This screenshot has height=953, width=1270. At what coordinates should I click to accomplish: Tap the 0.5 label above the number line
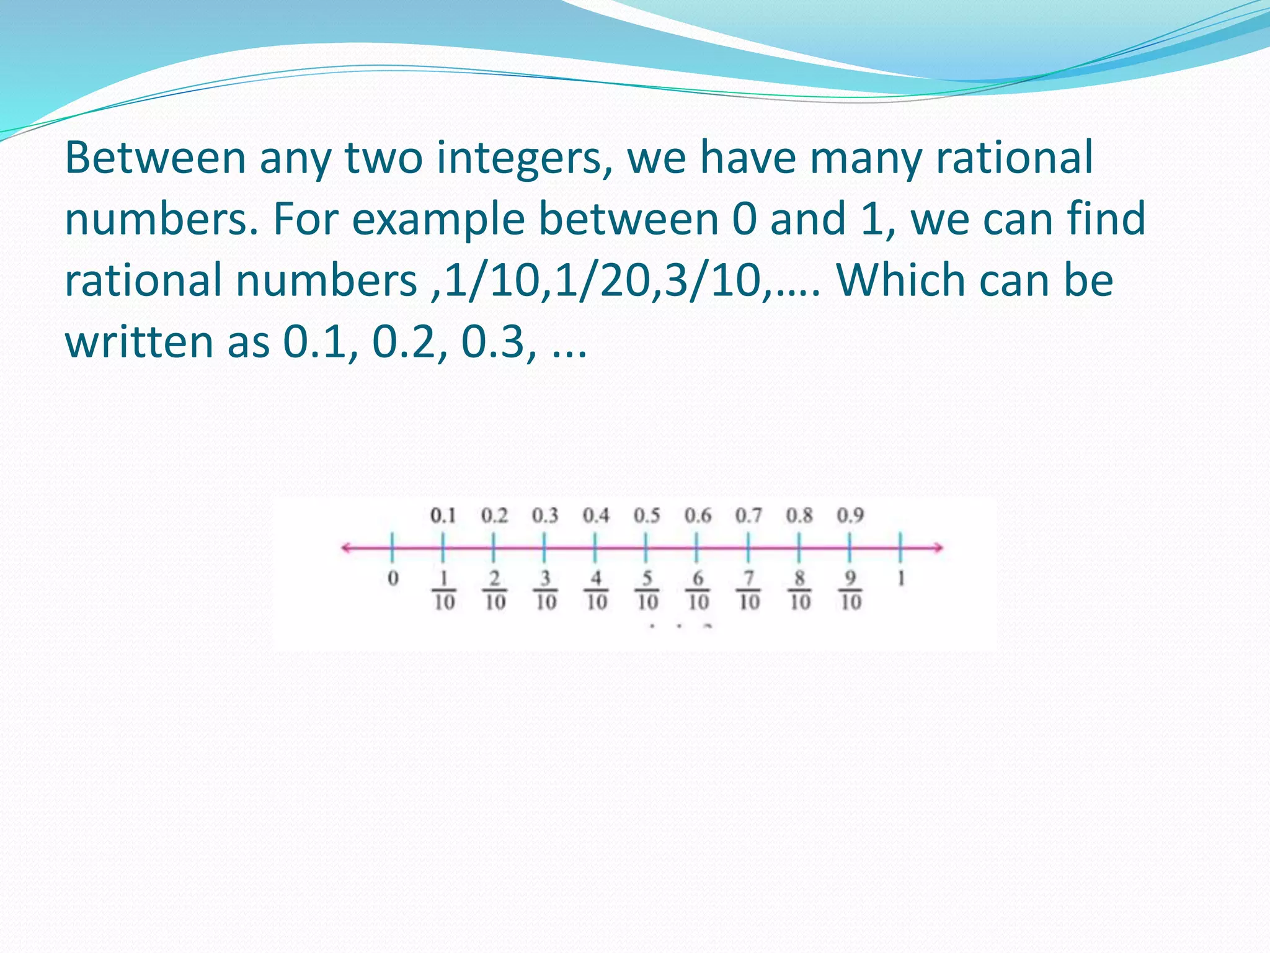coord(646,516)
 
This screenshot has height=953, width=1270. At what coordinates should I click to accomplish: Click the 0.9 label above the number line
coord(850,516)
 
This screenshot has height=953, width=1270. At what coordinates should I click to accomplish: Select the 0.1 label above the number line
coord(443,516)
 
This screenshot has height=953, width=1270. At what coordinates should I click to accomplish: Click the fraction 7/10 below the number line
coord(749,590)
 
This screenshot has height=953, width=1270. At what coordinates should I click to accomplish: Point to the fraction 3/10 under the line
coord(546,590)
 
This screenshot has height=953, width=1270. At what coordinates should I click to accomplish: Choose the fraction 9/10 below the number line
coord(851,590)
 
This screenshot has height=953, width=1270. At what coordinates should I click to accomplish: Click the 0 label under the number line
coord(393,579)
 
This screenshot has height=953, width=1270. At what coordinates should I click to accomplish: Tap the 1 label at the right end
coord(901,579)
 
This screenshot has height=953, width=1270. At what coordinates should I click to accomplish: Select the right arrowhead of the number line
coord(939,547)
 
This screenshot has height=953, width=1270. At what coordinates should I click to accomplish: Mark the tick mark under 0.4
coord(595,547)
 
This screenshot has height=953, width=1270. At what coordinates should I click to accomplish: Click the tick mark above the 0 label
coord(393,547)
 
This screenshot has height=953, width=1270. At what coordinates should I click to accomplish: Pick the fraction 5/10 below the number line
coord(647,590)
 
